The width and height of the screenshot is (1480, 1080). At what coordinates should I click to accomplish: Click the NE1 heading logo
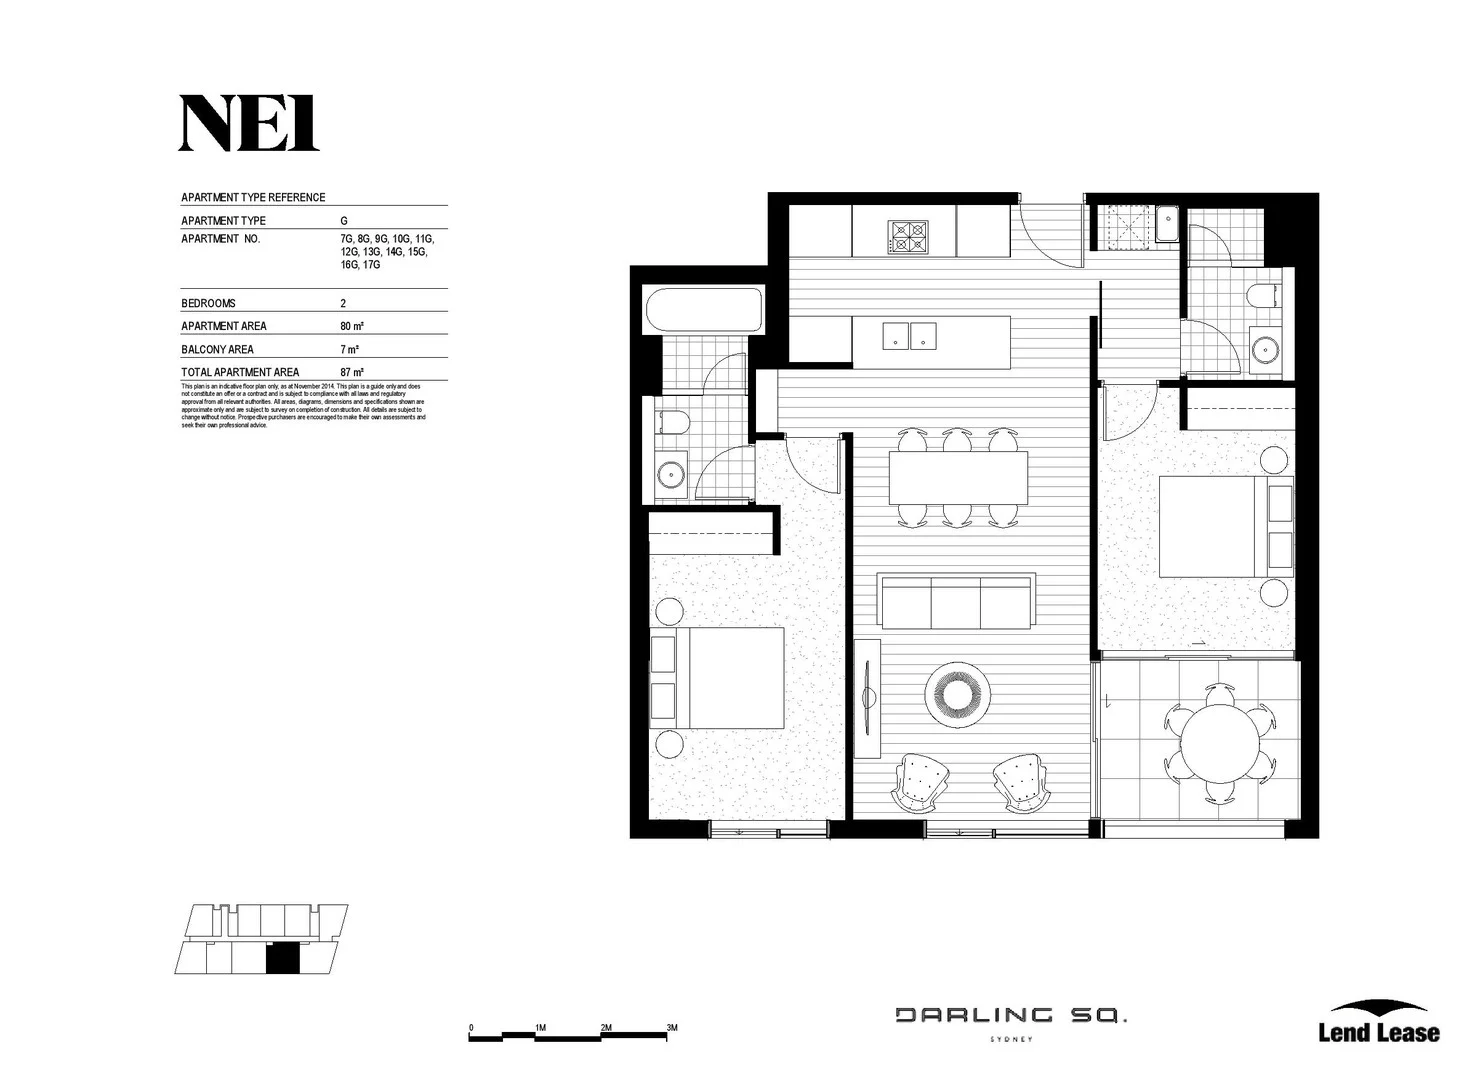[248, 124]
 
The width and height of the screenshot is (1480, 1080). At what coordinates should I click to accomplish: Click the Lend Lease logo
[1378, 1023]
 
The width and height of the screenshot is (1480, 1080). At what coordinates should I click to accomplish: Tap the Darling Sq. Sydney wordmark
[1010, 1019]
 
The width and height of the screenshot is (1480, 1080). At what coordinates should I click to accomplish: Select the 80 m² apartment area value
[351, 326]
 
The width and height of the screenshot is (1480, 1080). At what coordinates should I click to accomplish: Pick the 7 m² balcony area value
[349, 349]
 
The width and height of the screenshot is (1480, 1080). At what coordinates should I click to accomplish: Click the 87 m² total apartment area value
[351, 372]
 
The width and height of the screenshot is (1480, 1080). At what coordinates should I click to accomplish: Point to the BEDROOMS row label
[208, 303]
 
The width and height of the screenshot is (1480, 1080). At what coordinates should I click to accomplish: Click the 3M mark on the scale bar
[672, 1028]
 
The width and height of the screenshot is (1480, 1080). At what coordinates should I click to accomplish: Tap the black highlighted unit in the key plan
[283, 958]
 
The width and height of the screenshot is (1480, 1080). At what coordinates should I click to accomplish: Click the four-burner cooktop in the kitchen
[907, 237]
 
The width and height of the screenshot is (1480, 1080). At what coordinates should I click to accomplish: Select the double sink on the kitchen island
[909, 336]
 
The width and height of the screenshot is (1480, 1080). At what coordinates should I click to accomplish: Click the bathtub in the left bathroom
[704, 311]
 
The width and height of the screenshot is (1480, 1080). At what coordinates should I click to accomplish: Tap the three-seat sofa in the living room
[955, 601]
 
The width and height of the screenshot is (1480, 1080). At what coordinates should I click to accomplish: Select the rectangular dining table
[958, 478]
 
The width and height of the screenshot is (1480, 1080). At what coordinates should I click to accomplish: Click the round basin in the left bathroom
[670, 473]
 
